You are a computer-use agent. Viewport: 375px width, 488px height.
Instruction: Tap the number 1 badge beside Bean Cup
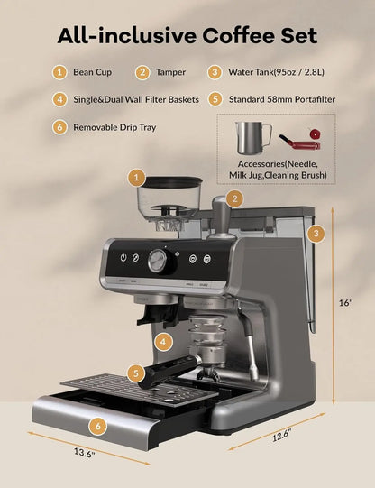coord(58,72)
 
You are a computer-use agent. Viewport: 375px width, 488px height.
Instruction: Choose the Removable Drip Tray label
coord(114,127)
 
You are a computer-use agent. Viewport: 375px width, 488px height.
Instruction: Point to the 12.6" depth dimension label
coord(283,435)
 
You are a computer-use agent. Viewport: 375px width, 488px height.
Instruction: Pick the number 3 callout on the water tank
coord(315,233)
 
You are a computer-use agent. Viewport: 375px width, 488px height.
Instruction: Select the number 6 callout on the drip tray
coord(98,425)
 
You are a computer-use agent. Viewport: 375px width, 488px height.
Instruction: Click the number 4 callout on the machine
coord(161,342)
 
